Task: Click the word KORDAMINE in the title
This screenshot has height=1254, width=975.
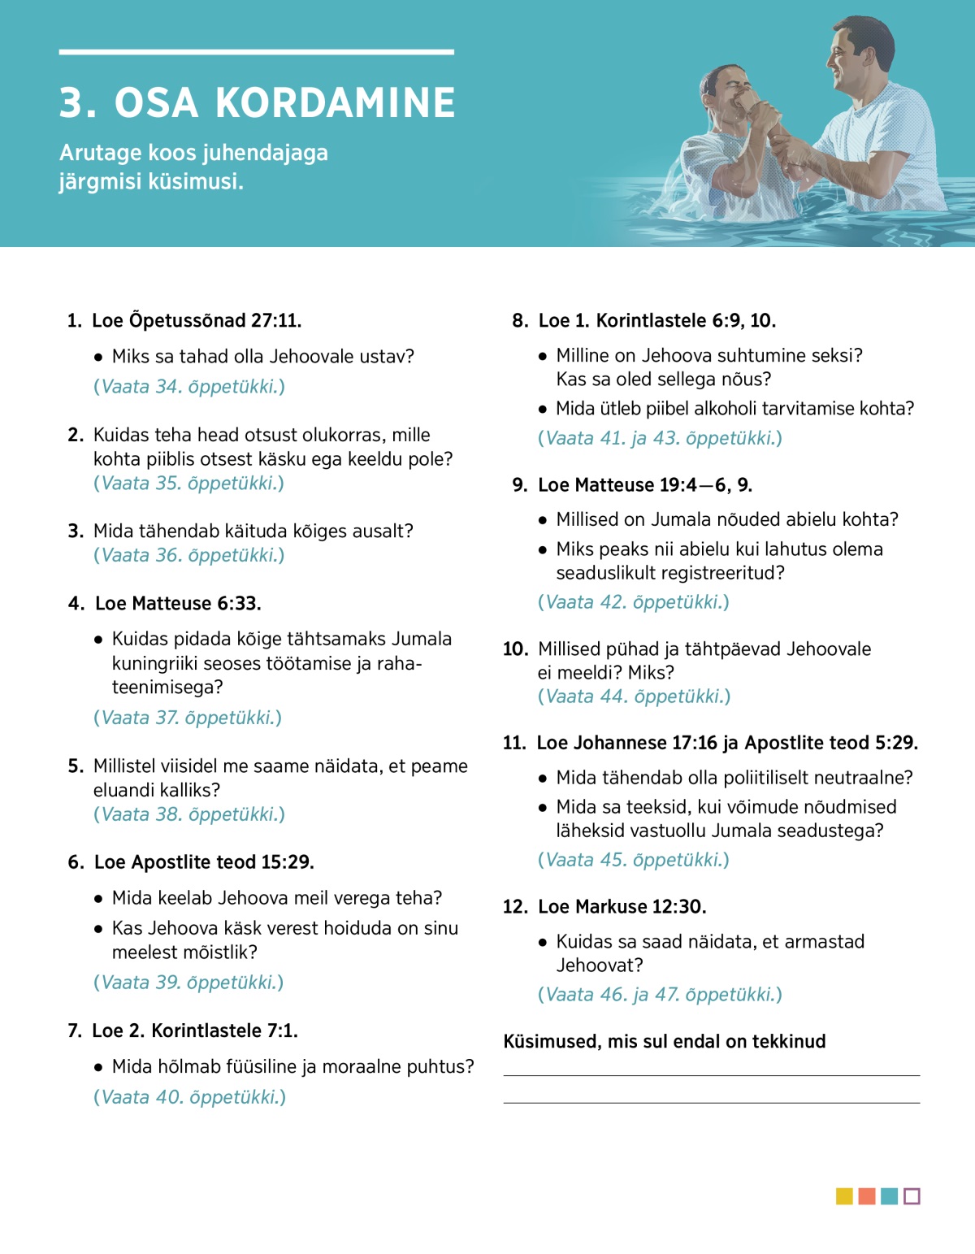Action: [335, 103]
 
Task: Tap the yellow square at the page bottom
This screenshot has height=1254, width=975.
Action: [844, 1196]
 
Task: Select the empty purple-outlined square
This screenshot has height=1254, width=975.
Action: [912, 1196]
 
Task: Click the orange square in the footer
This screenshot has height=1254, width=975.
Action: [867, 1196]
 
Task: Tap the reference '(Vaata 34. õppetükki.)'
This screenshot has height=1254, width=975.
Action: [189, 387]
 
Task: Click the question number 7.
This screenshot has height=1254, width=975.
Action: [74, 1031]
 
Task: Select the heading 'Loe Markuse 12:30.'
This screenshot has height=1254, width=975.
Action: [622, 907]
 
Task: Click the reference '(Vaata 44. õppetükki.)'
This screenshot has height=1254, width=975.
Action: [634, 696]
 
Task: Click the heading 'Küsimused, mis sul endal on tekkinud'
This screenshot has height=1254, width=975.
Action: [664, 1042]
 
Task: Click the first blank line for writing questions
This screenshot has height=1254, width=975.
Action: [711, 1074]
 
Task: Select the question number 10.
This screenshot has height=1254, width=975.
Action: [515, 649]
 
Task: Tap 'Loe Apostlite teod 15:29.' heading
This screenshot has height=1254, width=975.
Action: [204, 862]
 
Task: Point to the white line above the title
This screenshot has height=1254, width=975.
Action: [256, 52]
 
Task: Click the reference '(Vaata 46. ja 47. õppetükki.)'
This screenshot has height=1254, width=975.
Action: [660, 995]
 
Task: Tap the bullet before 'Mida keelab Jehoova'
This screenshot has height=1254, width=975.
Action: [98, 899]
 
